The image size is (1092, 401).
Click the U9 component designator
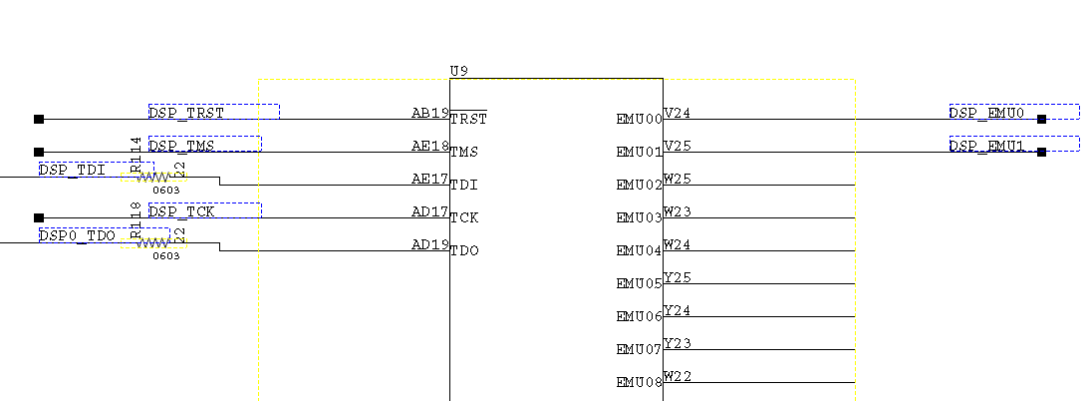(459, 72)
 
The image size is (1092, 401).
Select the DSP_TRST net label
(186, 112)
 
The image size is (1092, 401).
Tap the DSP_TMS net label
(181, 145)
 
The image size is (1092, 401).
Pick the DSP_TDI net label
(72, 170)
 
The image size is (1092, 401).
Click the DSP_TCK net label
(181, 210)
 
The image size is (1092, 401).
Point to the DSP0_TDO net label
(77, 235)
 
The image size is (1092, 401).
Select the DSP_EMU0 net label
(986, 112)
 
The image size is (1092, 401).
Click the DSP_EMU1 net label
(986, 145)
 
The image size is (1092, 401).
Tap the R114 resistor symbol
(153, 177)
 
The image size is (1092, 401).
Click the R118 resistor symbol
(153, 242)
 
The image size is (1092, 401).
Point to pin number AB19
(430, 113)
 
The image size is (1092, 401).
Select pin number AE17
(430, 179)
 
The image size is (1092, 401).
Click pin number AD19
(430, 244)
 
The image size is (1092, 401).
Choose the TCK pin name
(464, 217)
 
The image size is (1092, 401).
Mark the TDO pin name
(464, 250)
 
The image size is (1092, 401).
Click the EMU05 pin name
(639, 283)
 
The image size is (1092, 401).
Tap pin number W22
(678, 376)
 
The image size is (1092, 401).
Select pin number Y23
(678, 343)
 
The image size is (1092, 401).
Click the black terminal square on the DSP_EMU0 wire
(1041, 119)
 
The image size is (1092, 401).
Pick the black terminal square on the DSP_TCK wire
(39, 217)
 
